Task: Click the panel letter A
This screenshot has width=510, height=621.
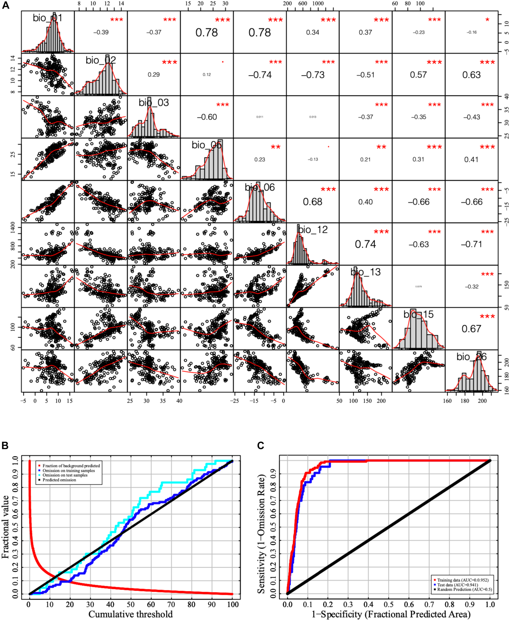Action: click(5, 5)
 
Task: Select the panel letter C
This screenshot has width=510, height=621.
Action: click(260, 446)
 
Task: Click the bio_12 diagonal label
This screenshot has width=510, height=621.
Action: click(313, 230)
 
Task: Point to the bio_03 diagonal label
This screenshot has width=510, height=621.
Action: click(154, 103)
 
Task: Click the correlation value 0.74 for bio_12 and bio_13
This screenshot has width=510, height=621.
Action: click(365, 244)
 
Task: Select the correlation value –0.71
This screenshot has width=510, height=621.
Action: click(471, 244)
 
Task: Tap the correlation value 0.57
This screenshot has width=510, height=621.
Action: click(418, 75)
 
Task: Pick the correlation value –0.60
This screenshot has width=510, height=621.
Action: click(207, 117)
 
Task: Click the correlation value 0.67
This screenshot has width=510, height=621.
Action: click(471, 329)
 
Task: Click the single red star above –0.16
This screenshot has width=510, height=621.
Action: click(487, 20)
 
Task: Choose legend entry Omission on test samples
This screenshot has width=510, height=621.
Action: click(65, 475)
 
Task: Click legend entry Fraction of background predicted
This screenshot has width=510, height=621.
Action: click(71, 466)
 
